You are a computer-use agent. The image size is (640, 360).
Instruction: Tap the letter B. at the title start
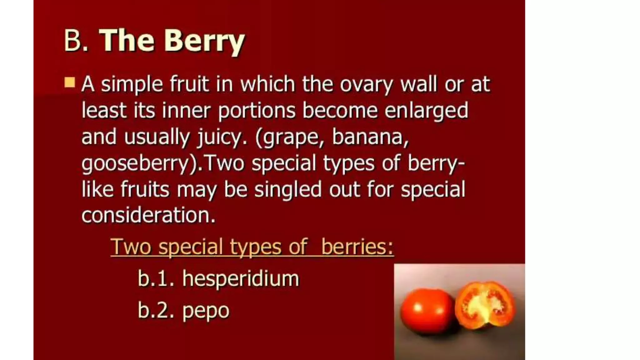click(76, 41)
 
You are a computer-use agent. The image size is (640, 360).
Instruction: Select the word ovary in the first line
click(366, 84)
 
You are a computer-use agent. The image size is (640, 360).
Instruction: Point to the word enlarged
click(426, 111)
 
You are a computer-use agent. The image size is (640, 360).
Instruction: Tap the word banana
click(370, 137)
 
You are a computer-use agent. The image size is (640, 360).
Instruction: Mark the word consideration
click(148, 216)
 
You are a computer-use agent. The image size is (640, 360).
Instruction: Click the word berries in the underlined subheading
click(357, 247)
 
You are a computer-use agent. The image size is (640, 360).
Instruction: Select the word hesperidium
click(241, 278)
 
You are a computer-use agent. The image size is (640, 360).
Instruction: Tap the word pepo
click(206, 311)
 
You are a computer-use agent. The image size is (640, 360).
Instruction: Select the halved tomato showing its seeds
click(484, 305)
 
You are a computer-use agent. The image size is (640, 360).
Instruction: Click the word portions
click(257, 111)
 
